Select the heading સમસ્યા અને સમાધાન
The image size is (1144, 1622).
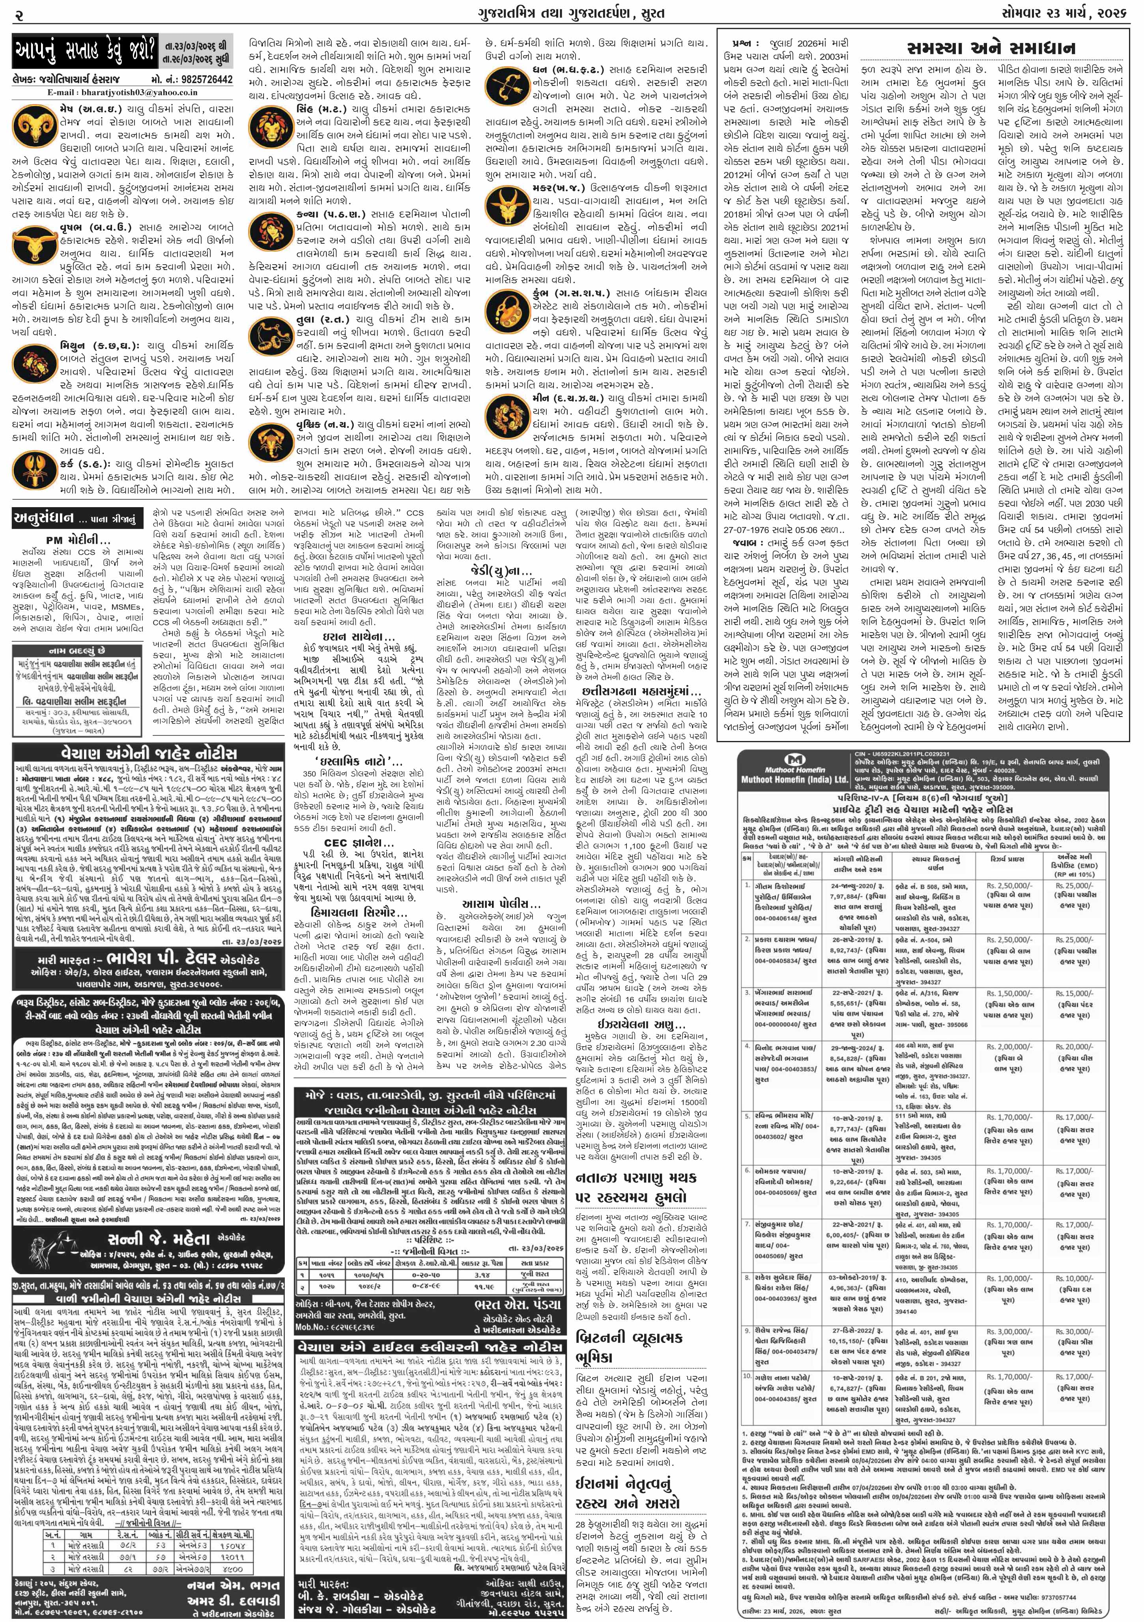tap(991, 48)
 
